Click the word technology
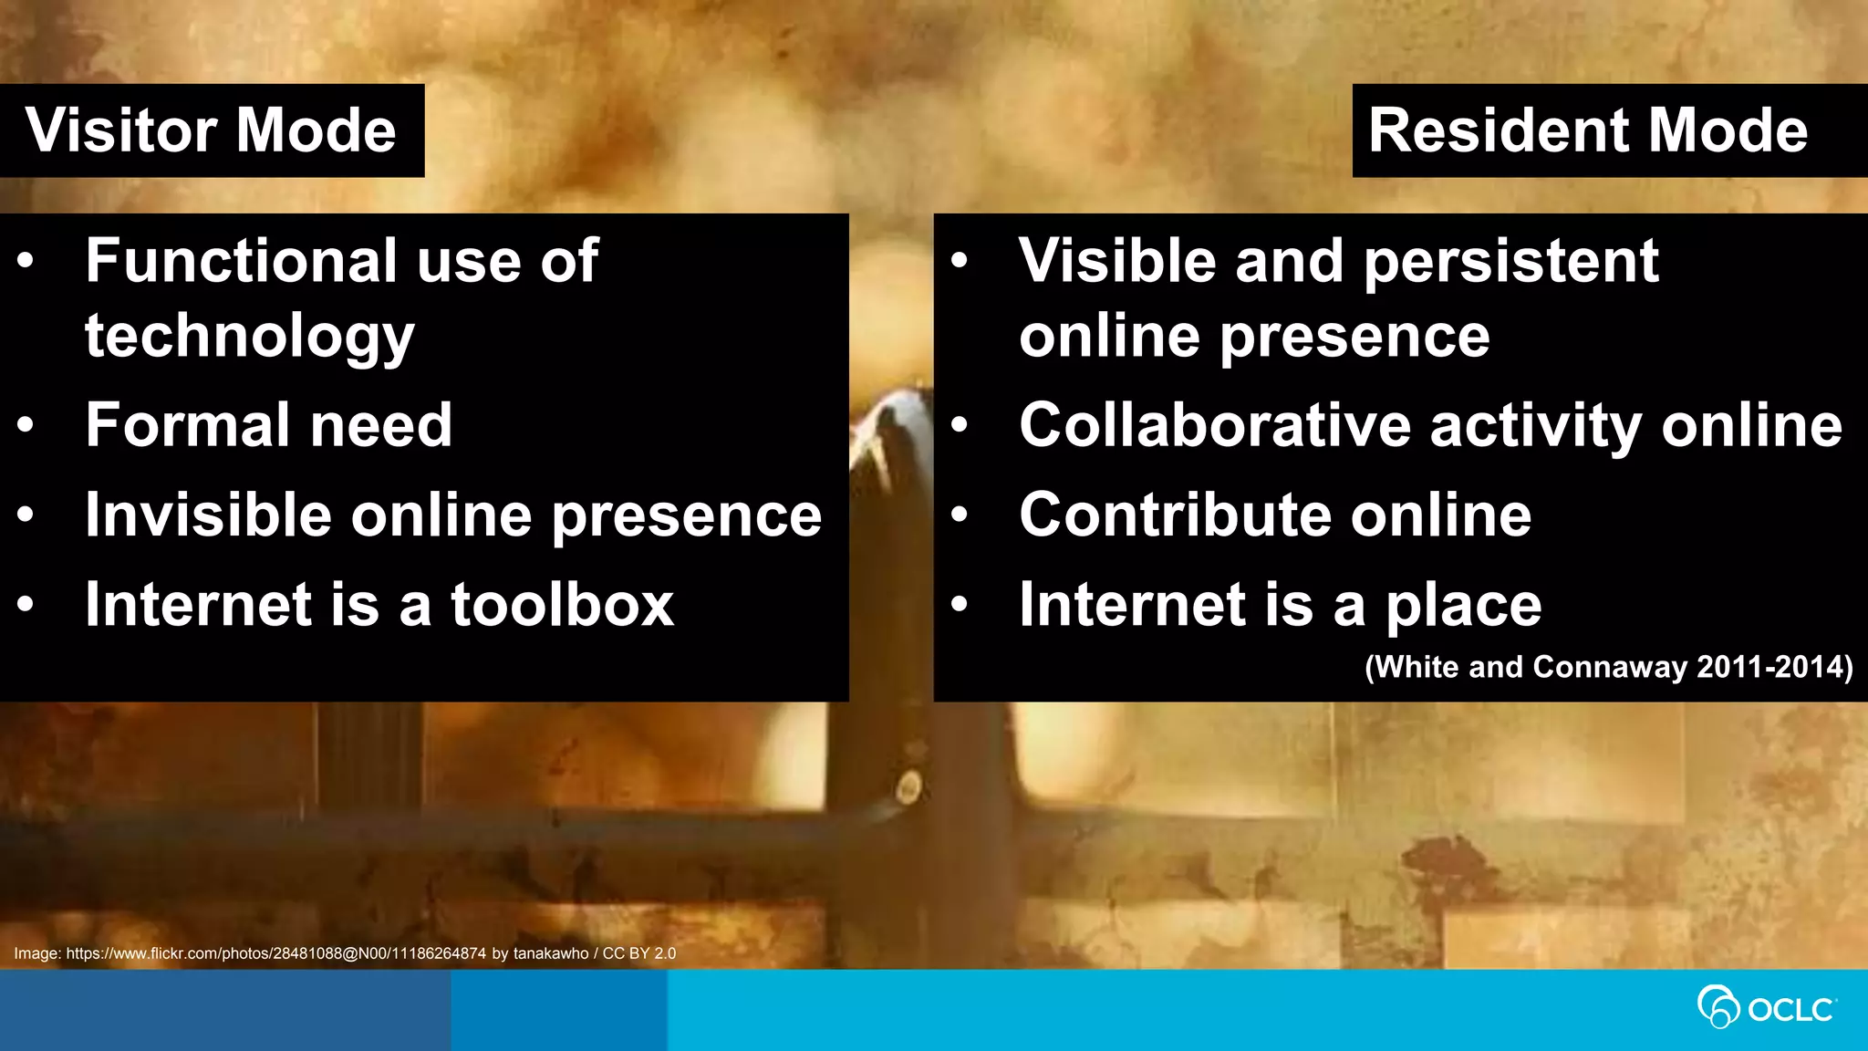click(x=249, y=337)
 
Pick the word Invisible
click(x=208, y=515)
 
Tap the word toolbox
click(x=562, y=605)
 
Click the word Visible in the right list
click(x=1117, y=261)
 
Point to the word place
click(x=1463, y=607)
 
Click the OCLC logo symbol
click(x=1718, y=1007)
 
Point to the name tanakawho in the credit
click(x=551, y=953)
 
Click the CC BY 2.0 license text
click(x=639, y=953)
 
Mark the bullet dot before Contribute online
click(x=959, y=515)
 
